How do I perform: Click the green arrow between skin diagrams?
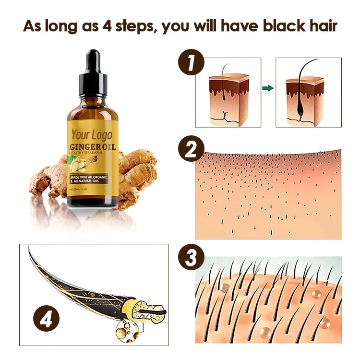point(268,88)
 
